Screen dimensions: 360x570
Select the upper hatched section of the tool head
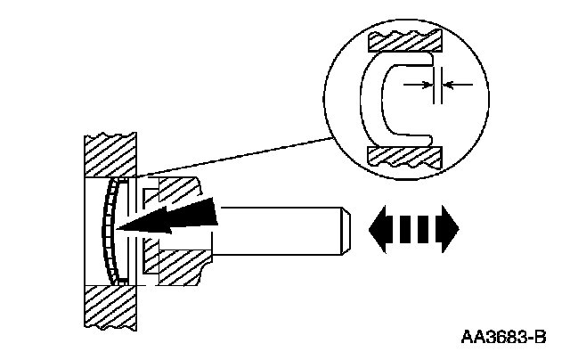point(182,192)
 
